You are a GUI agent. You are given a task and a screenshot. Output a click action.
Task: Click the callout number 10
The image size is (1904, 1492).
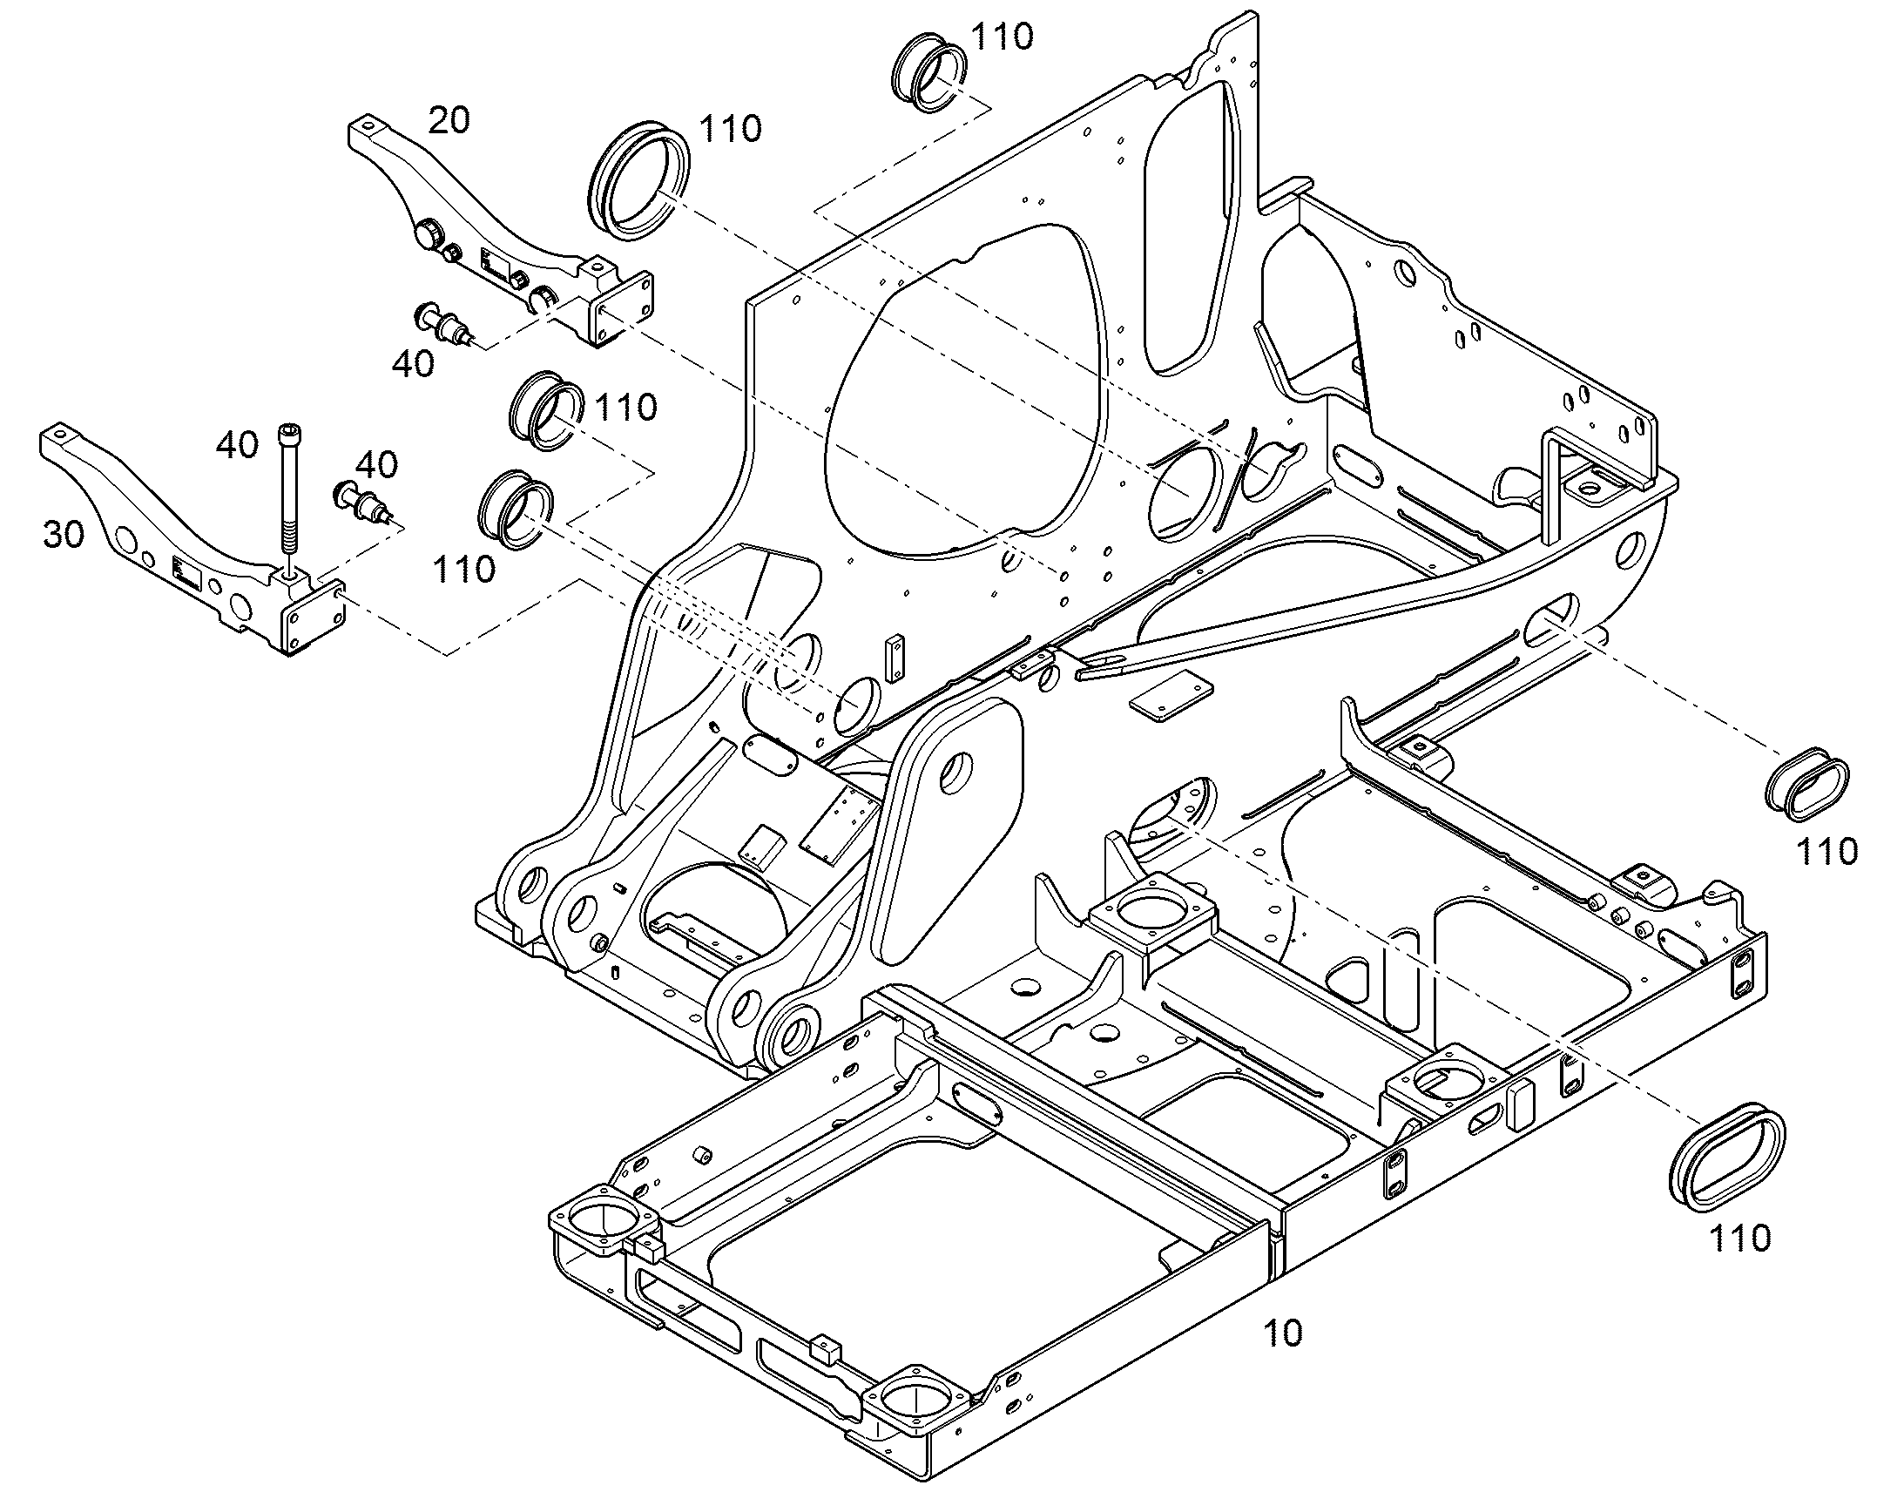tap(1282, 1332)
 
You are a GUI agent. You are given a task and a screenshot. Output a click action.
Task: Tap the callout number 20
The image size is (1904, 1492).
tap(449, 119)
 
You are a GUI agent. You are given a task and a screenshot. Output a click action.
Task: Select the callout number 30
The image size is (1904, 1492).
tap(64, 534)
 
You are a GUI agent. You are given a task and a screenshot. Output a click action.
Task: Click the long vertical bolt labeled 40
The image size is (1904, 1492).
tap(287, 499)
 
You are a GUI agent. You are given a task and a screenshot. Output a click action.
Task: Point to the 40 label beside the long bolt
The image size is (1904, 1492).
tap(238, 445)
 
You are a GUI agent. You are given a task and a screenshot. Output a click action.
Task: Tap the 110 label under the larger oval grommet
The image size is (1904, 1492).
tap(1739, 1238)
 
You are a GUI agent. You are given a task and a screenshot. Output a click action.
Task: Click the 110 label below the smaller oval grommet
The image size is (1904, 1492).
tap(1826, 851)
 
